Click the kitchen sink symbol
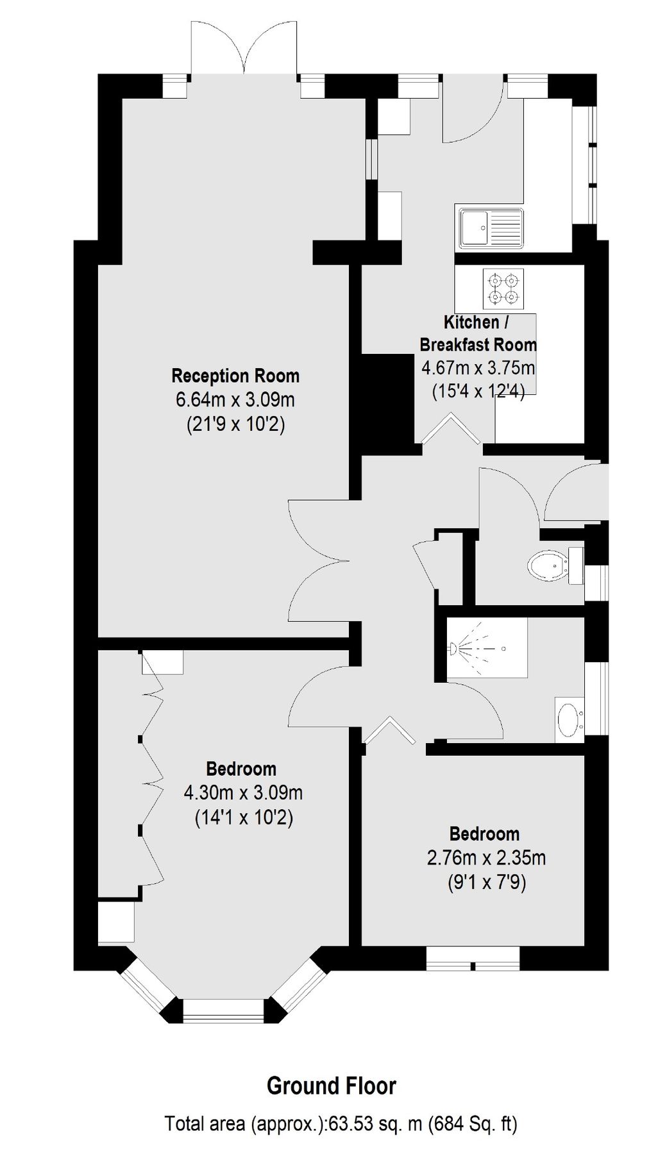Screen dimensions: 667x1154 tap(489, 227)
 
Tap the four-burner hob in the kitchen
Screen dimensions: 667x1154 tap(503, 288)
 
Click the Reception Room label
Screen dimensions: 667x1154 tap(235, 375)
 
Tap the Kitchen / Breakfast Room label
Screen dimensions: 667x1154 tap(478, 333)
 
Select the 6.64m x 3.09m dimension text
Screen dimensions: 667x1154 tap(235, 399)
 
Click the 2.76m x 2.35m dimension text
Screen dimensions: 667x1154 tap(486, 857)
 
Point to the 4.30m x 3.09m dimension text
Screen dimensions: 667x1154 tap(243, 792)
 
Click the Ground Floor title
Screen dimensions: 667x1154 tap(332, 1085)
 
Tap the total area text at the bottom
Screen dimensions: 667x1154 tap(341, 1124)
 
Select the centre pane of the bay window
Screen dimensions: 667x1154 tap(223, 1010)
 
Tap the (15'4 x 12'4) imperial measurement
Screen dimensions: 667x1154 tap(478, 391)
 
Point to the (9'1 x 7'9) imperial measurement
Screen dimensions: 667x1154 tap(486, 883)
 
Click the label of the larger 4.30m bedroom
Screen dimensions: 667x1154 tap(241, 768)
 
